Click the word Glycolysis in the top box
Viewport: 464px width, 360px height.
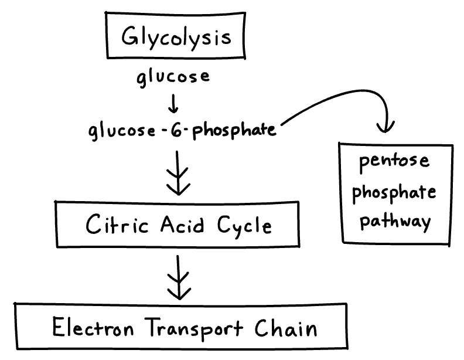click(x=176, y=38)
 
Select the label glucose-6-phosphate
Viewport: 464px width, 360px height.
click(x=182, y=130)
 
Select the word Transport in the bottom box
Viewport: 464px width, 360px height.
click(x=194, y=327)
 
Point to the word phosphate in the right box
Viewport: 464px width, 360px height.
click(x=395, y=192)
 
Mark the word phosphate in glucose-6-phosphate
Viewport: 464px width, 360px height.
click(x=234, y=130)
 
